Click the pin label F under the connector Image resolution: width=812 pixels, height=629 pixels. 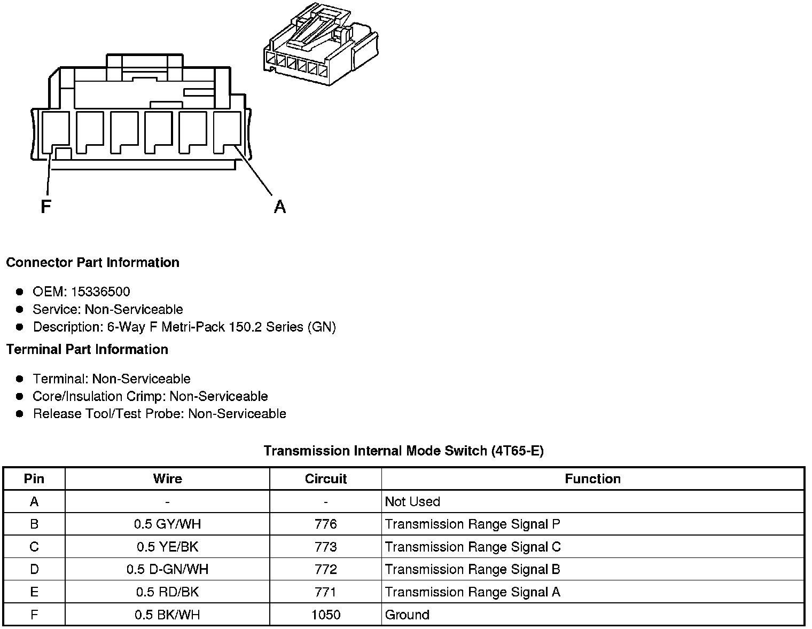click(46, 207)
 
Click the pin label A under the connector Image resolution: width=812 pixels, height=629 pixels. click(280, 207)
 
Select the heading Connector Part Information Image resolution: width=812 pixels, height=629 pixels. click(92, 263)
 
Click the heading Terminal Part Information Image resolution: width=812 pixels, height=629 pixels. click(87, 350)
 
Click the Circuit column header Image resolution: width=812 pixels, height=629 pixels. click(325, 479)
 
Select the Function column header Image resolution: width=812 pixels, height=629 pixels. click(592, 479)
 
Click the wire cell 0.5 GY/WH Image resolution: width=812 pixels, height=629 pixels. click(167, 524)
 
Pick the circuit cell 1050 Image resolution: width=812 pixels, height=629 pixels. click(325, 615)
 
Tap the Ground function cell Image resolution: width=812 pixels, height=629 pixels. click(407, 615)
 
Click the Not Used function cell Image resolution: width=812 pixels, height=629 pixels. click(412, 502)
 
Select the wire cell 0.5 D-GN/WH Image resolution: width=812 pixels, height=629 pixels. click(167, 570)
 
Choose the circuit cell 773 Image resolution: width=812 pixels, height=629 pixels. click(325, 547)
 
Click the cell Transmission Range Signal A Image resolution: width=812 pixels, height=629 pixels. click(472, 592)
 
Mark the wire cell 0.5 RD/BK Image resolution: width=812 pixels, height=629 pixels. click(167, 592)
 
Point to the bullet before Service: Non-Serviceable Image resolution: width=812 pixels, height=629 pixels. click(20, 309)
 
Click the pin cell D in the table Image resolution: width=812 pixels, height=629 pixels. click(34, 570)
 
